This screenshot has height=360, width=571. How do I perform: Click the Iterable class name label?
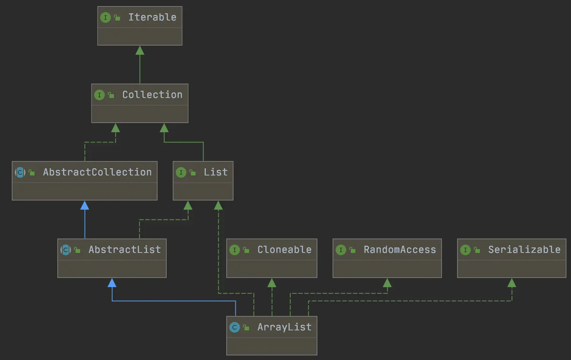tap(152, 17)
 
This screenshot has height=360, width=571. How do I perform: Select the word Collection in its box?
tap(152, 95)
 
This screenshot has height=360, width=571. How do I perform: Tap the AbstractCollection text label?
tap(97, 172)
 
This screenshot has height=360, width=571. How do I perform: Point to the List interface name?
tap(216, 172)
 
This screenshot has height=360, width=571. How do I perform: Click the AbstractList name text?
tap(125, 250)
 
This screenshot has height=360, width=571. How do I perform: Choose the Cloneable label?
tap(284, 250)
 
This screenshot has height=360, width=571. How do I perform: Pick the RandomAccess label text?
tap(400, 250)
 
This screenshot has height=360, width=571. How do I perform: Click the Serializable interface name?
tap(524, 250)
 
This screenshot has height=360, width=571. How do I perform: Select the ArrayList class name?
tap(284, 327)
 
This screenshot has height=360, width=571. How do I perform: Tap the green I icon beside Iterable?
tap(106, 17)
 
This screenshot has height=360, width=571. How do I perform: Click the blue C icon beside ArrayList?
tap(235, 327)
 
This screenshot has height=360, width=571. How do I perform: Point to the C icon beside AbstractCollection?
tap(20, 172)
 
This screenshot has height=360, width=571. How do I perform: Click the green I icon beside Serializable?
tap(465, 250)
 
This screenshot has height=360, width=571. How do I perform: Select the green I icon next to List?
tap(181, 172)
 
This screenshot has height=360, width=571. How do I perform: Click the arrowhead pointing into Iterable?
tap(140, 51)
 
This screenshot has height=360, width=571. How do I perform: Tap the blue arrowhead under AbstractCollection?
tap(85, 205)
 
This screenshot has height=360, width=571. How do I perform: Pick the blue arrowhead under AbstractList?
tap(112, 283)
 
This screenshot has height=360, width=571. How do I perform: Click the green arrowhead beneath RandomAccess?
tap(387, 283)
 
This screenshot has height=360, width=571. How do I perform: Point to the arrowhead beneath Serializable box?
tap(512, 283)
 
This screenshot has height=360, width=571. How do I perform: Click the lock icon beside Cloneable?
tap(246, 250)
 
